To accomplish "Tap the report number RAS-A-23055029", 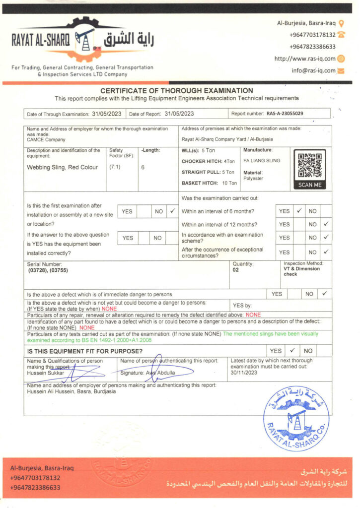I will click(285, 114).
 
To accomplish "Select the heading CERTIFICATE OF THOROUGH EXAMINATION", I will click(177, 91).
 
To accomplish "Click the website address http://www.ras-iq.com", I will click(305, 59).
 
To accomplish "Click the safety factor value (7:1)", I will click(115, 167).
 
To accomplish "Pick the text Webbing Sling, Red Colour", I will click(62, 167).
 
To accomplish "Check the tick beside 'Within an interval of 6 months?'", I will click(299, 211).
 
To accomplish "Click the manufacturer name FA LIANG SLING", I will click(262, 160).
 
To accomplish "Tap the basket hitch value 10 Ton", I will click(229, 183).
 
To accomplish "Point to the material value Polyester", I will click(253, 178).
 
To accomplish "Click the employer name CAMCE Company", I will click(46, 140).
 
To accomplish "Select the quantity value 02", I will click(235, 271).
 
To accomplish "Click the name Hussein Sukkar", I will click(44, 373).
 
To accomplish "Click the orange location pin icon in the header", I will click(341, 23).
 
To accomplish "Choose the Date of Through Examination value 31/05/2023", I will click(107, 114).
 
